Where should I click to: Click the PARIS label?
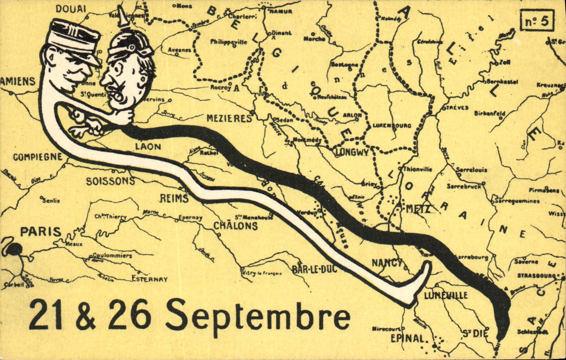pos(41,232)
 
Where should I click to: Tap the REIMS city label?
pos(174,199)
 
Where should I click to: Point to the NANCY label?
pos(387,263)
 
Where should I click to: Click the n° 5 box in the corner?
pos(537,21)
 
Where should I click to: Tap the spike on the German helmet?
pos(121,17)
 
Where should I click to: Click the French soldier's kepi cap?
pos(74,40)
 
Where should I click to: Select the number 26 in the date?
pos(130,314)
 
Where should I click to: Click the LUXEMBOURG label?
pos(392,126)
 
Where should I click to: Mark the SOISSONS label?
pos(110,181)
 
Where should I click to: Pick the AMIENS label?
pos(18,81)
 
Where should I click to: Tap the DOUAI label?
pos(70,9)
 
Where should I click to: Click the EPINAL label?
pos(408,338)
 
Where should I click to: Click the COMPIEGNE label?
pos(38,157)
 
